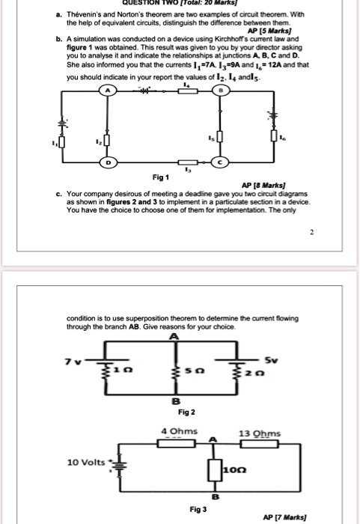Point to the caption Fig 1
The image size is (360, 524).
[159, 178]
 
